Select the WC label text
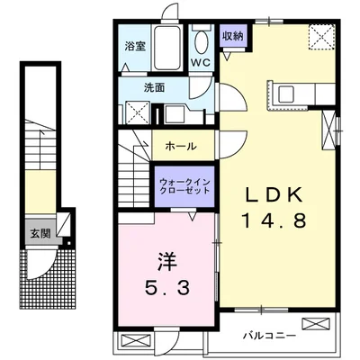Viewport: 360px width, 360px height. coord(201,62)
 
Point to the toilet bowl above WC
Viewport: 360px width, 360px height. coord(200,40)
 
